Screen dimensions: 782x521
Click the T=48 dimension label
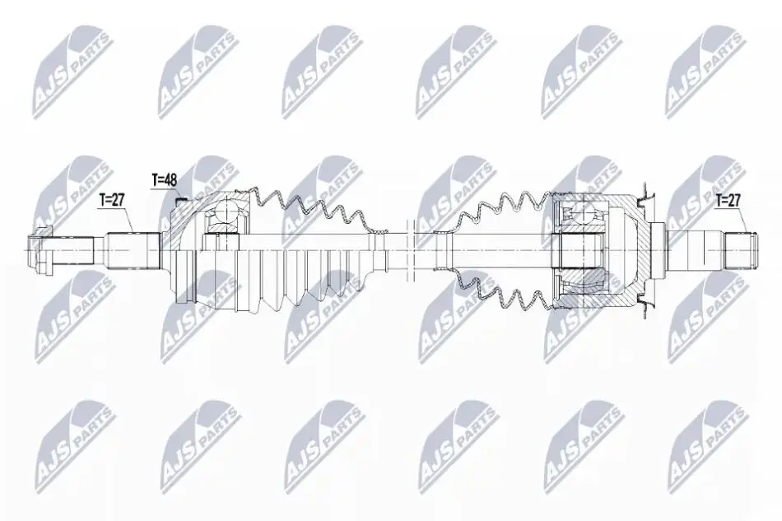[x=164, y=180]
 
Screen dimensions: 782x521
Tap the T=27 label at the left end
[x=112, y=201]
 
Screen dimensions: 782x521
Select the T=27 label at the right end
[x=728, y=201]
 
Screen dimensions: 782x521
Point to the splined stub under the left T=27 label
[x=133, y=249]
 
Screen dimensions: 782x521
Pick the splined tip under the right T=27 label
[x=740, y=249]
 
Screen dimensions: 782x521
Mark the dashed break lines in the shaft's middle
[x=408, y=249]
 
